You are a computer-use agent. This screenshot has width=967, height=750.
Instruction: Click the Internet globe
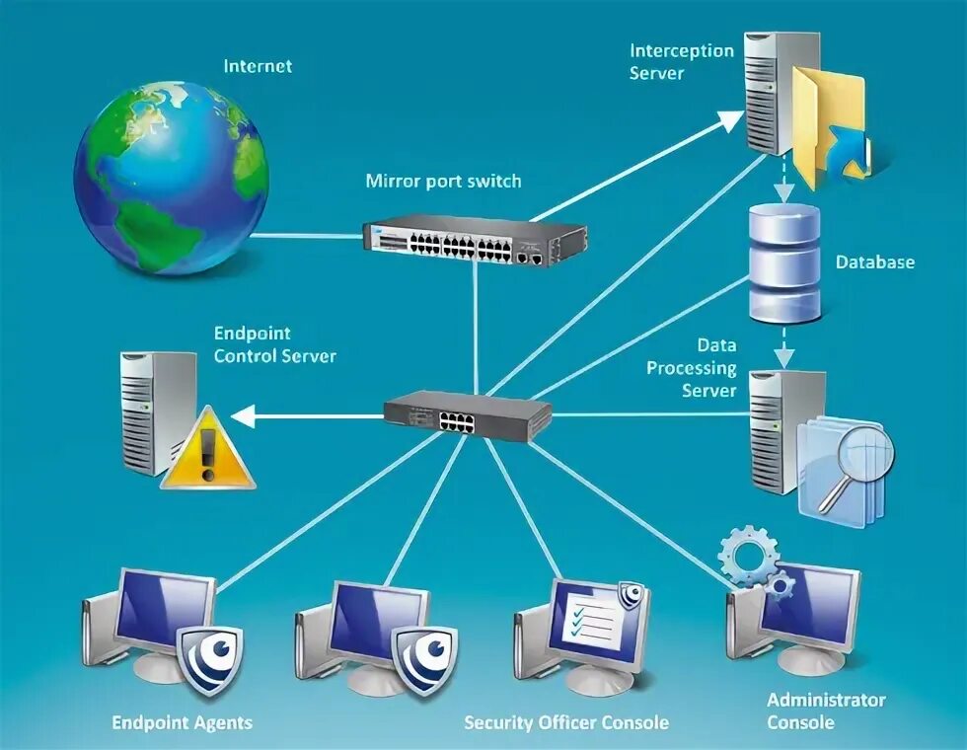[x=170, y=179]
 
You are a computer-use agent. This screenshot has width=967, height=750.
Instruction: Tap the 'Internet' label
[x=258, y=67]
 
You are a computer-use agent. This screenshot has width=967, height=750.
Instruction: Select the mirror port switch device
[x=474, y=240]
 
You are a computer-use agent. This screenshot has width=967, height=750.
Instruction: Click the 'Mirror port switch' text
[x=443, y=182]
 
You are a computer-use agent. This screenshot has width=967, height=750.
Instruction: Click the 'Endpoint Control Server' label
[x=274, y=345]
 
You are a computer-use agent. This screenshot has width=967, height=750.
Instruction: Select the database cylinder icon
[x=783, y=262]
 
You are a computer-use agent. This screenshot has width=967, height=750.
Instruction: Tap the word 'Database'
[x=874, y=262]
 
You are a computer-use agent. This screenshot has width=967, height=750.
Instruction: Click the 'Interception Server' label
[x=682, y=61]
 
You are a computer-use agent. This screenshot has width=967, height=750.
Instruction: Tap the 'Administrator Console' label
[x=826, y=711]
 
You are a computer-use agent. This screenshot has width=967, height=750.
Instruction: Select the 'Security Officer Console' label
[x=565, y=722]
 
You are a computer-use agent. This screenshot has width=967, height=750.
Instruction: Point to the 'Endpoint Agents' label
[x=182, y=722]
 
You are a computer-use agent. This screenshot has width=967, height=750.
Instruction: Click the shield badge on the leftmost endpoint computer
[x=210, y=657]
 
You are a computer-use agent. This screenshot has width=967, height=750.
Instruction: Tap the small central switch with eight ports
[x=468, y=412]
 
